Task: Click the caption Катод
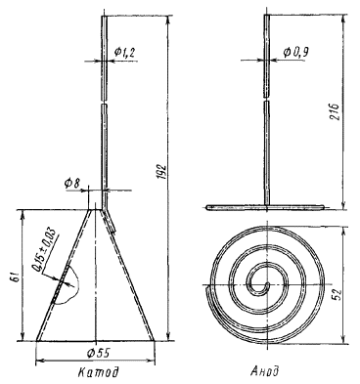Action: click(x=98, y=372)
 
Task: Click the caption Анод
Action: click(x=265, y=370)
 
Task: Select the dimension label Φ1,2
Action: click(x=124, y=52)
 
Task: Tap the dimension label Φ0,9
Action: click(x=295, y=52)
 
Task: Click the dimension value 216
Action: click(x=337, y=111)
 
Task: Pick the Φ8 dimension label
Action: click(x=72, y=184)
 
